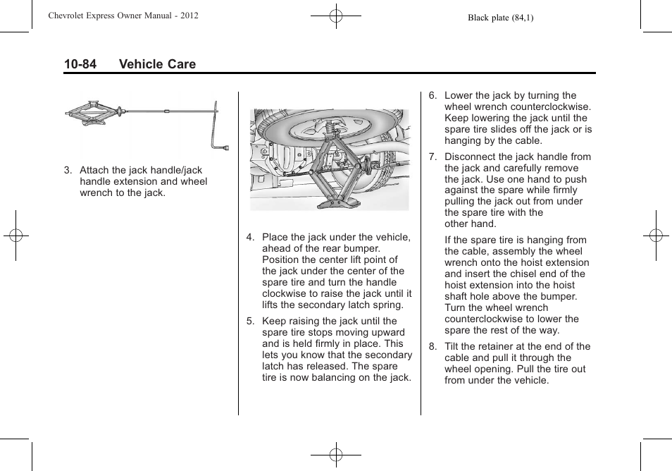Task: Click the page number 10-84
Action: (80, 64)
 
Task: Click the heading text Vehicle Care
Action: (157, 64)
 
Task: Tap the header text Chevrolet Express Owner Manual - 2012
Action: (123, 16)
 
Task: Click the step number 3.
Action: (68, 171)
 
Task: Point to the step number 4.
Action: (250, 238)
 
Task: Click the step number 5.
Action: (250, 322)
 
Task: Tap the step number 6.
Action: (433, 96)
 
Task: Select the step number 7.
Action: (433, 157)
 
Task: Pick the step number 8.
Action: (433, 347)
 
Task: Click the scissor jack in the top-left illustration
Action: (94, 113)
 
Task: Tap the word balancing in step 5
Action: (342, 378)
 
